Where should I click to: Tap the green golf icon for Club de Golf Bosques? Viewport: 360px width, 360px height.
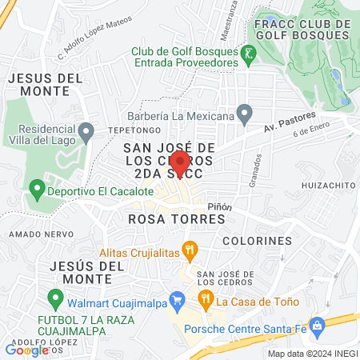(x=249, y=54)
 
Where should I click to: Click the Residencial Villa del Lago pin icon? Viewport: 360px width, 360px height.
(x=86, y=130)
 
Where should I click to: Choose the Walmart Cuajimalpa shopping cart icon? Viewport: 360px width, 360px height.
(x=179, y=301)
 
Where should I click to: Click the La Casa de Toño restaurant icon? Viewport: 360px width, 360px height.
(x=206, y=302)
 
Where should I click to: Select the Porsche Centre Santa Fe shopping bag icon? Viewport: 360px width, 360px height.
(x=316, y=326)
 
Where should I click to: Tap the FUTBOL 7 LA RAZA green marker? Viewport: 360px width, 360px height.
(x=55, y=300)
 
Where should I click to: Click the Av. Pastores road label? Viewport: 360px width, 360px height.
(x=286, y=126)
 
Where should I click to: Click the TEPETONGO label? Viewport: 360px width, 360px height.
(x=129, y=130)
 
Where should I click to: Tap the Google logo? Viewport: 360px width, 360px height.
(x=26, y=349)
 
